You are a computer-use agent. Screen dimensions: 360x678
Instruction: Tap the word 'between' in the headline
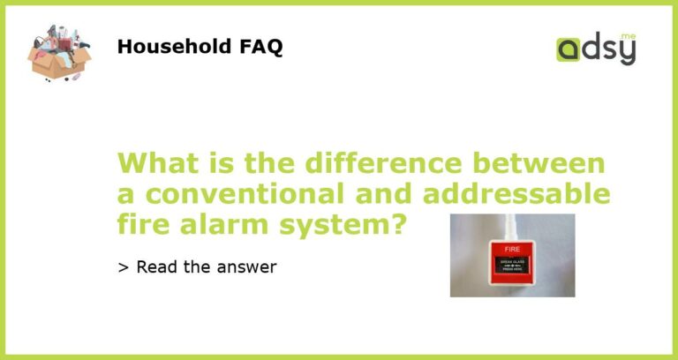[x=539, y=164]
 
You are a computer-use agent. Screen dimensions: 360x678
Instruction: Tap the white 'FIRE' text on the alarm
[x=512, y=250]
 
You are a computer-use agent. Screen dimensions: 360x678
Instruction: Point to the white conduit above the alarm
[x=512, y=225]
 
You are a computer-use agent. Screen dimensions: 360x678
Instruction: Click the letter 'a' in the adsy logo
[x=569, y=51]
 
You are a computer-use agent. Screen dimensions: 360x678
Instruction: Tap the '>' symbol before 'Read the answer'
[x=122, y=266]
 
